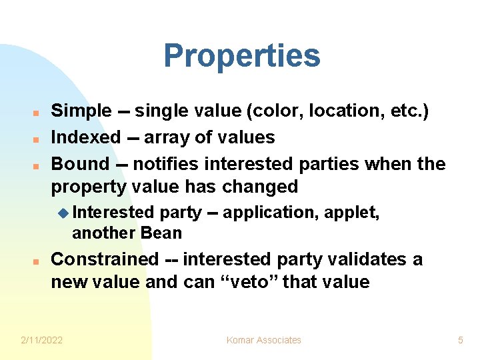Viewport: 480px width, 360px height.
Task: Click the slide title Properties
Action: (x=241, y=56)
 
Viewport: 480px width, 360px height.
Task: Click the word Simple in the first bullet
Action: (x=81, y=111)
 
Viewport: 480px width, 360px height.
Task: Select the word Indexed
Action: (x=85, y=137)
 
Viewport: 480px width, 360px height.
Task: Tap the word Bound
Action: (x=80, y=164)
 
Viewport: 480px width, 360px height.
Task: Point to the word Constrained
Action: (x=105, y=259)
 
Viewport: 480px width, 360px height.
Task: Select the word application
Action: (x=271, y=213)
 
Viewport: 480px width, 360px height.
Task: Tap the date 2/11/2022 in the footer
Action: (x=41, y=340)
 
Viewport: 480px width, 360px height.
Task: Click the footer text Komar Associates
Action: (x=263, y=340)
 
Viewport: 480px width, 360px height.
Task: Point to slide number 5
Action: (x=460, y=340)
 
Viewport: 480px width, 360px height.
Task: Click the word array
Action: (x=166, y=137)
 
